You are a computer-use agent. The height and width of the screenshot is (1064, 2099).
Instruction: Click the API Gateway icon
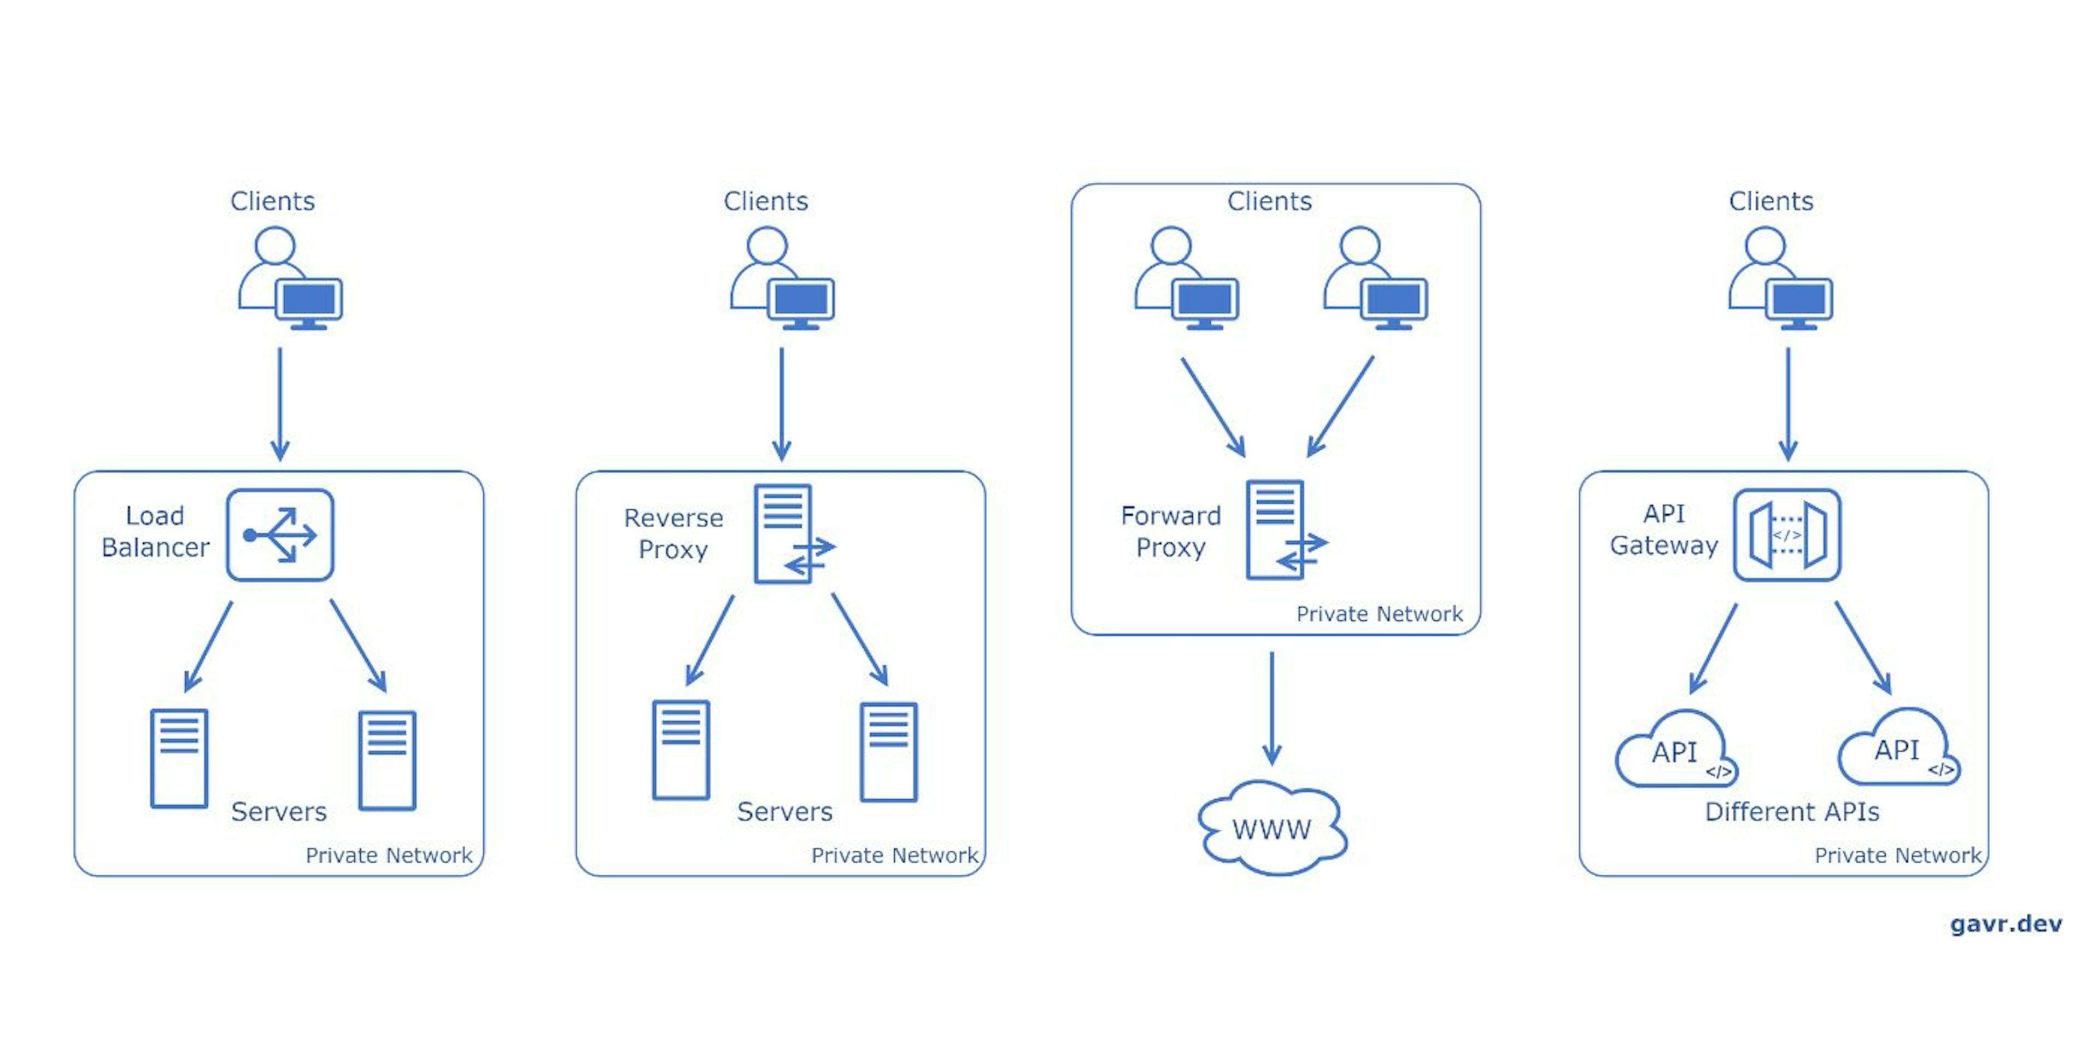tap(1786, 535)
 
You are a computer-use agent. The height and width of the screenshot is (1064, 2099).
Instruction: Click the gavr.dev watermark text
tap(2006, 924)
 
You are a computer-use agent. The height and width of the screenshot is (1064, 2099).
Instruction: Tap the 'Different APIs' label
tap(1791, 812)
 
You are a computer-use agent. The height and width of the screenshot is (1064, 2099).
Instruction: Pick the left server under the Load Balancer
tap(179, 758)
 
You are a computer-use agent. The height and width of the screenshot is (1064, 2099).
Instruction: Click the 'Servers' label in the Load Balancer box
tap(279, 812)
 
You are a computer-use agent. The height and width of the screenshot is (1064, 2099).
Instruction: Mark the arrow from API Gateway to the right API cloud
tap(1863, 647)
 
